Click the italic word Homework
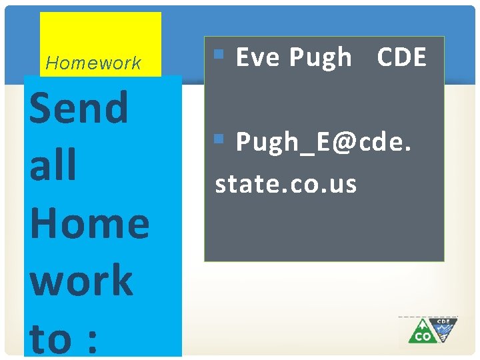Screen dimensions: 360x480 point(93,63)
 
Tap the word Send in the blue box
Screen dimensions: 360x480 point(79,108)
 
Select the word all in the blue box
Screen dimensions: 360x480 point(53,165)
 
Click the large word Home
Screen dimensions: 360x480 point(89,223)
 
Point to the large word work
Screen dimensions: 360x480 point(81,280)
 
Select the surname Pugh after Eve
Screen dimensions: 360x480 point(320,58)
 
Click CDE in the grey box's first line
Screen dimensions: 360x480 point(401,58)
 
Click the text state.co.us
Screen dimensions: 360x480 point(285,183)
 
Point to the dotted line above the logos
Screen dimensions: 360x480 point(428,317)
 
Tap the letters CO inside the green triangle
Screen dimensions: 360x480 point(423,337)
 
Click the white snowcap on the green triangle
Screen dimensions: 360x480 point(422,323)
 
